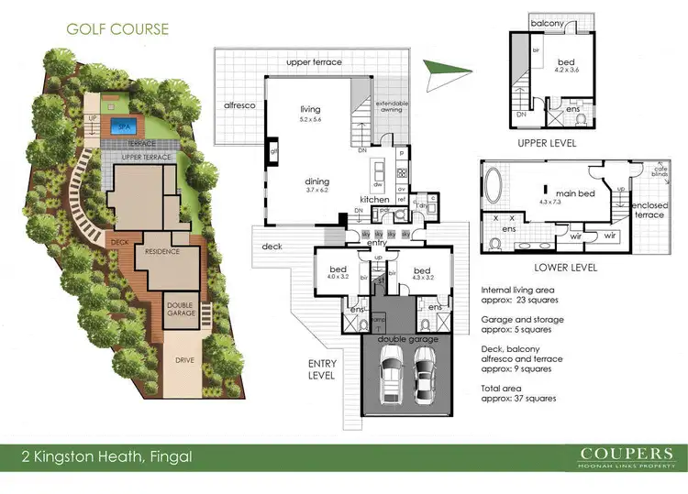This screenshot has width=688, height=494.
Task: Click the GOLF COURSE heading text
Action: [117, 28]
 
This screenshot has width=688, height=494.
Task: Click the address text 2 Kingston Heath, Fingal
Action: [107, 455]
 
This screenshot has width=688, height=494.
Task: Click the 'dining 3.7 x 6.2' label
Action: [317, 186]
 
